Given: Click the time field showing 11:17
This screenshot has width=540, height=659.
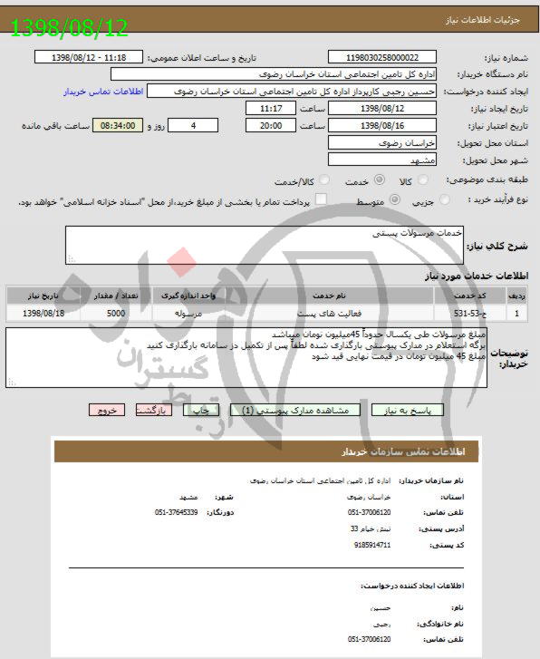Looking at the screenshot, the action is pyautogui.click(x=270, y=109).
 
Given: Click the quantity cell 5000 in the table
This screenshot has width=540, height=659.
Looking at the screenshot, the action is pyautogui.click(x=116, y=313).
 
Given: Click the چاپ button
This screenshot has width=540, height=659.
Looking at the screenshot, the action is pyautogui.click(x=202, y=410).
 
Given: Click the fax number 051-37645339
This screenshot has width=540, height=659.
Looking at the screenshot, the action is pyautogui.click(x=177, y=512).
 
